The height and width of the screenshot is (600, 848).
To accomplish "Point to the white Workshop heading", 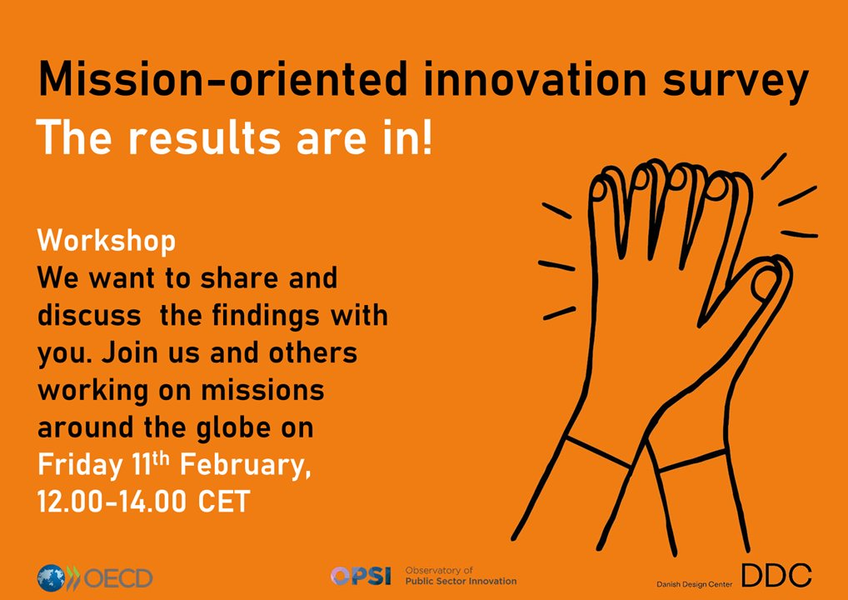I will pos(107,241).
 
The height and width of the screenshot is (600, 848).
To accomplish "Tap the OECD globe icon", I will pos(52,577).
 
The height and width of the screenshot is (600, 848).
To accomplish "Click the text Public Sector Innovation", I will pos(460,581).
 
